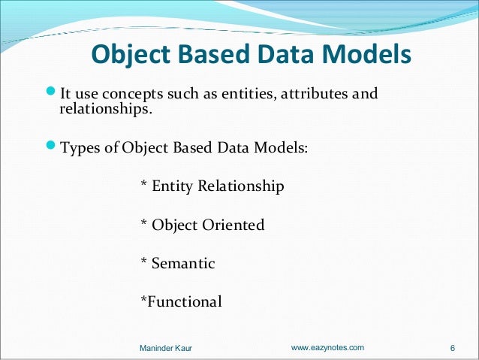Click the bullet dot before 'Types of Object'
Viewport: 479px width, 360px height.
pos(51,147)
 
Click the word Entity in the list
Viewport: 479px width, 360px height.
pos(173,186)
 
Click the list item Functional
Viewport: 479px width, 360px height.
pos(184,302)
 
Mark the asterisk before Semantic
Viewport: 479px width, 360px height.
pos(144,262)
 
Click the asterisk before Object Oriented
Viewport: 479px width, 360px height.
pos(144,223)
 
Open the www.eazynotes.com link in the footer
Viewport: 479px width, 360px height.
pos(327,347)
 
